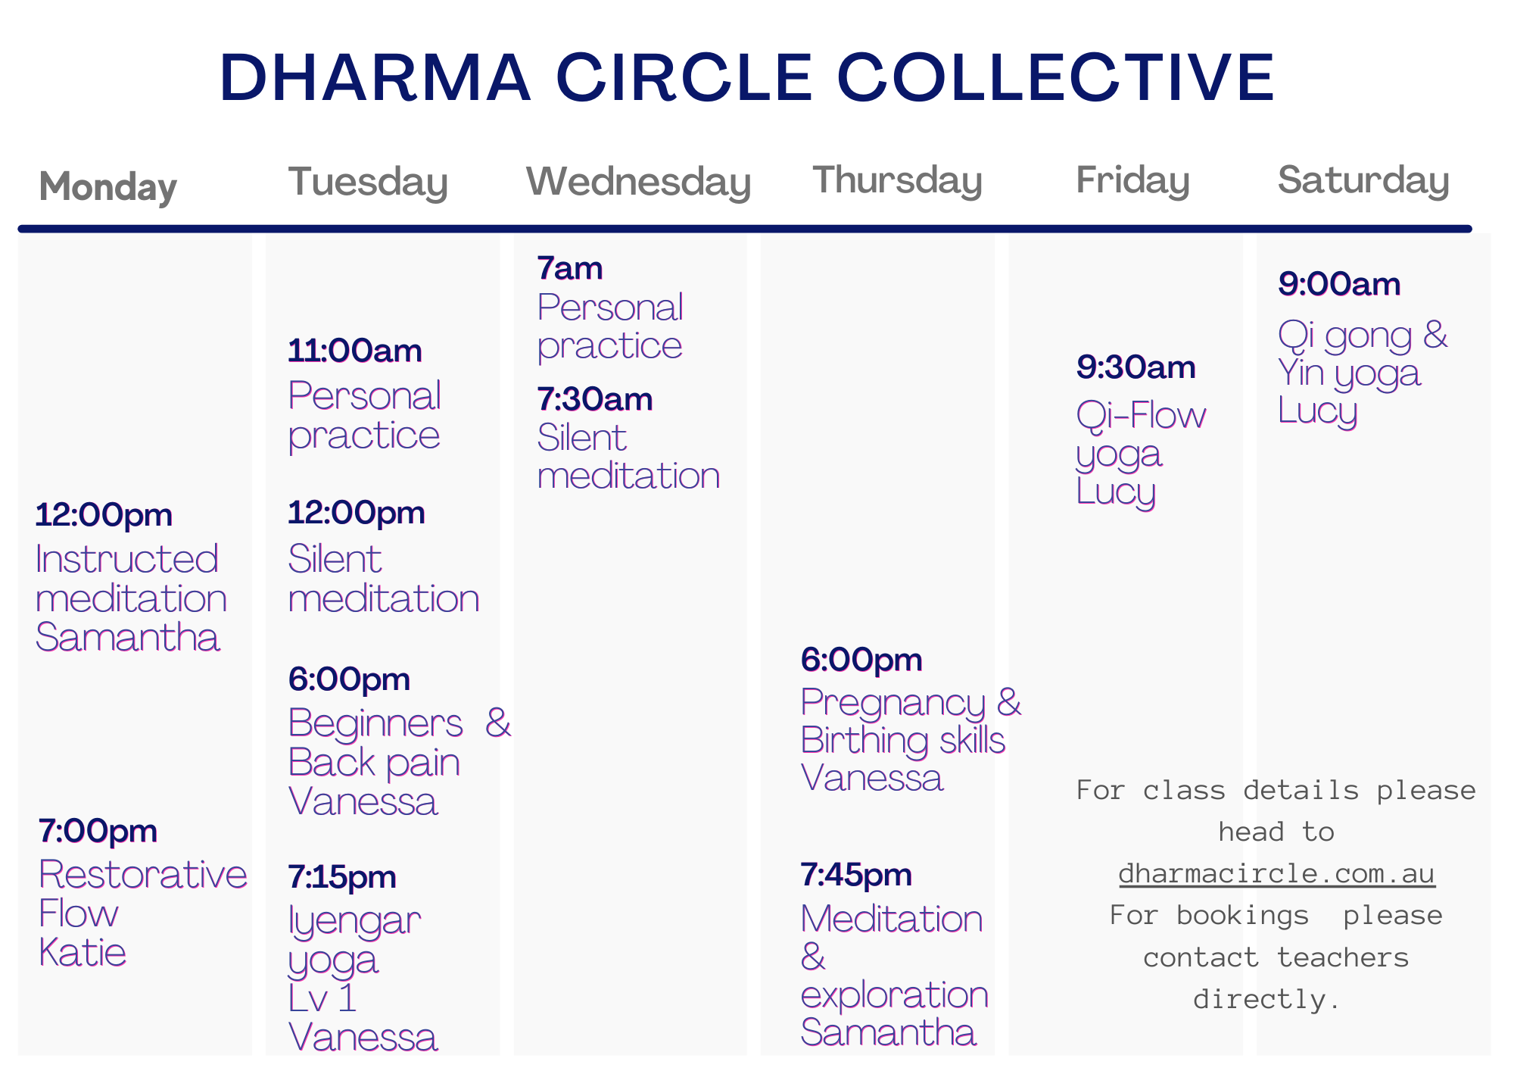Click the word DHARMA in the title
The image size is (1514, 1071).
tap(375, 77)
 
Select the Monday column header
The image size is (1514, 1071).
tap(107, 186)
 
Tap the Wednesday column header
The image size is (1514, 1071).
tap(638, 182)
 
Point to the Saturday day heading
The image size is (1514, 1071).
tap(1363, 180)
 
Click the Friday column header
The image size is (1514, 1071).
tap(1132, 180)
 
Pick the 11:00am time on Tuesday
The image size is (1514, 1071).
tap(355, 351)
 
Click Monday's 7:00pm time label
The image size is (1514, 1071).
tap(98, 831)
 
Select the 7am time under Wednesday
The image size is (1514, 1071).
tap(569, 268)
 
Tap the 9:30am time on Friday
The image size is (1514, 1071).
tap(1135, 367)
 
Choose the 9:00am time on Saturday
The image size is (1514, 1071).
tap(1339, 284)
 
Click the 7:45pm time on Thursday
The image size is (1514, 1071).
tap(856, 875)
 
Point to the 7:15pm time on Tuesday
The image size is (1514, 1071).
tap(342, 877)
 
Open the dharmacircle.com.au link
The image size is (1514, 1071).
tap(1276, 873)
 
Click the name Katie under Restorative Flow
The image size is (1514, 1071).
tap(83, 952)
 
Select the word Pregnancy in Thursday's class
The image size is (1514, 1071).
tap(893, 704)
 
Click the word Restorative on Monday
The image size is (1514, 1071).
tap(143, 874)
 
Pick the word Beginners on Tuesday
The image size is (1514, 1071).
tap(375, 723)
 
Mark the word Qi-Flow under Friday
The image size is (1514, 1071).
tap(1141, 416)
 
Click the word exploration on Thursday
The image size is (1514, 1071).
tap(894, 995)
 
